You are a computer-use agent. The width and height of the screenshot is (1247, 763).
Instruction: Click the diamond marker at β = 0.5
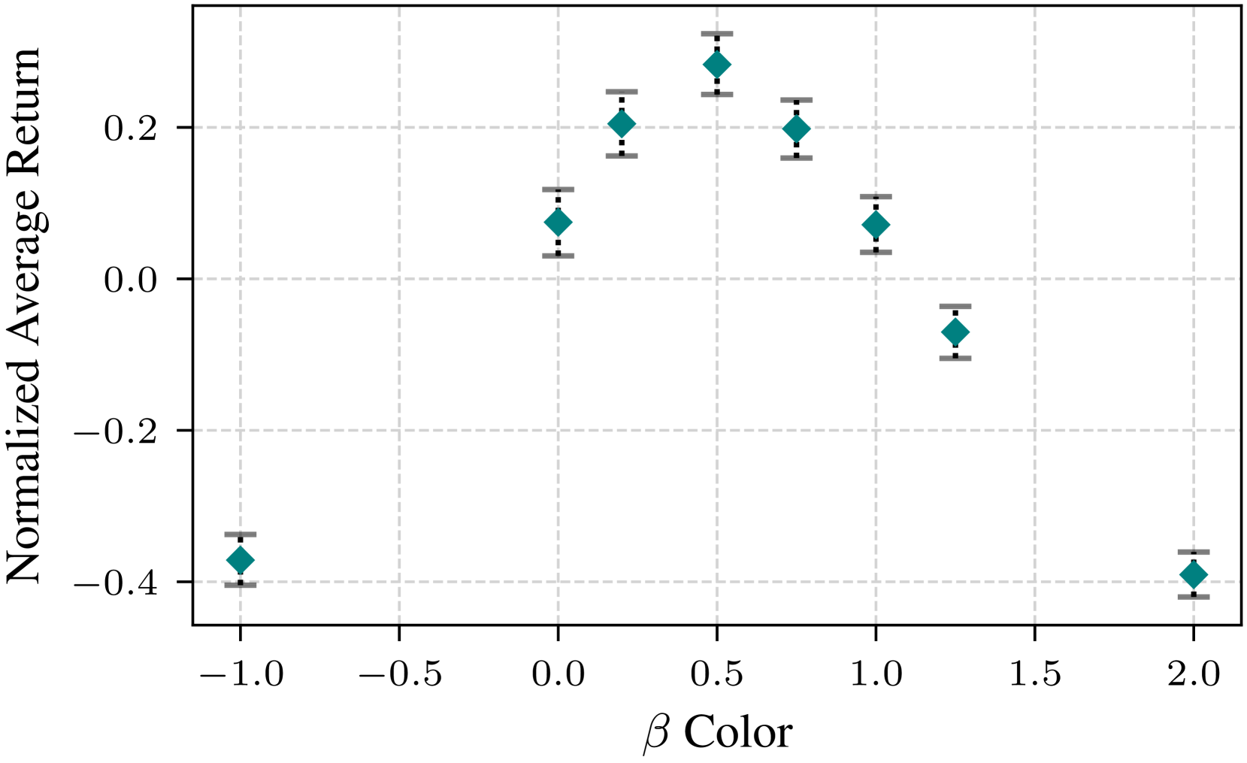717,65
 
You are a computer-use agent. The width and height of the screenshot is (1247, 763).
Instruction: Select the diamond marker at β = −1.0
241,560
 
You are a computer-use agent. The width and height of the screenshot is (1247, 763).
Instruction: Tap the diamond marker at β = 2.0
1194,575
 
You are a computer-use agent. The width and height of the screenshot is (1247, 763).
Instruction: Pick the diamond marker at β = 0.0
558,223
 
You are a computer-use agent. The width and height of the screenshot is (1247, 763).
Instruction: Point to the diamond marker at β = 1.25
955,332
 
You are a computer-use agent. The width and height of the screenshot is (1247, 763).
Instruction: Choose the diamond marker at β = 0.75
796,129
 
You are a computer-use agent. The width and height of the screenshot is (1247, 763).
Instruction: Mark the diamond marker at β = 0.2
622,124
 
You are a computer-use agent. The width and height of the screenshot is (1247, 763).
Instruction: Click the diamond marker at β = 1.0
876,225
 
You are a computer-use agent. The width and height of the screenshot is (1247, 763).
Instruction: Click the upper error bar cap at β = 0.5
717,34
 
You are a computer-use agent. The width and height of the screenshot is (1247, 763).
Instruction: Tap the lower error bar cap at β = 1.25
955,359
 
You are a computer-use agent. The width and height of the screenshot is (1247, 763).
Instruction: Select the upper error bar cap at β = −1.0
241,534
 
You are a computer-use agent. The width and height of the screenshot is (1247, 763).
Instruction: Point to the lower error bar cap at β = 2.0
1194,597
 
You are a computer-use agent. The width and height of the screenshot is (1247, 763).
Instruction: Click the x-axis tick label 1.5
1034,674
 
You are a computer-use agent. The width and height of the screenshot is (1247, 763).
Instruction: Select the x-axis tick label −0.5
400,674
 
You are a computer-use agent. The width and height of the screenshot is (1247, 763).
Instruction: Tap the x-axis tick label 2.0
1194,674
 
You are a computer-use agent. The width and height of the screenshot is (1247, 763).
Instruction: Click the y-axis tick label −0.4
116,583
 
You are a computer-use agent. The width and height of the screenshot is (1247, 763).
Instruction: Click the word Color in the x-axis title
738,732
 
